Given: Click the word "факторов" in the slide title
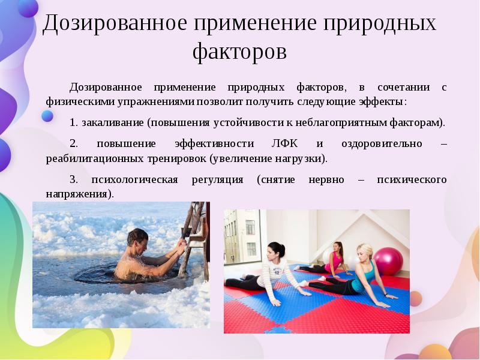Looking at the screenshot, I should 239,52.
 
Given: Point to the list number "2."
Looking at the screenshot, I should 74,144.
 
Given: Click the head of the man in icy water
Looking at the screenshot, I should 137,238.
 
